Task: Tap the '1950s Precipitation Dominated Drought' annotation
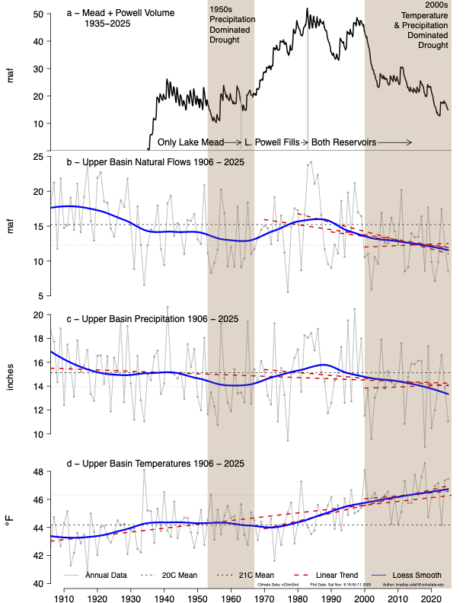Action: pos(233,23)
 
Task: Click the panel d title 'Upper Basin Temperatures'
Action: pos(149,463)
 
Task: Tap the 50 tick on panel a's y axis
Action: pos(36,14)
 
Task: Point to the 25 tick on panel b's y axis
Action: pos(36,157)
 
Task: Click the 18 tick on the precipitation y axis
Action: pos(36,338)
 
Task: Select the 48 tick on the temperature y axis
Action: pos(36,472)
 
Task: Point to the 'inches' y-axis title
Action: pos(10,374)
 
